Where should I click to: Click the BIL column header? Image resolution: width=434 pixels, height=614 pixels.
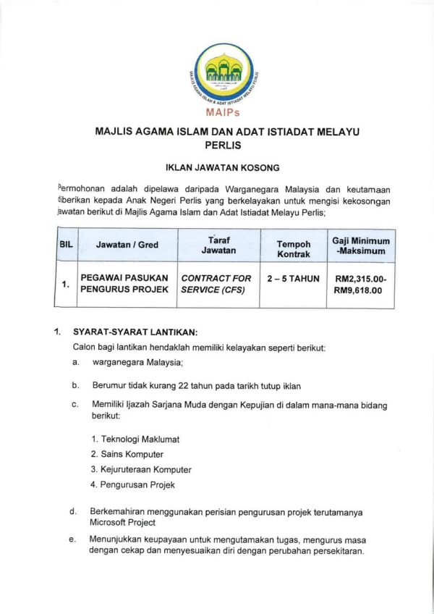(x=65, y=245)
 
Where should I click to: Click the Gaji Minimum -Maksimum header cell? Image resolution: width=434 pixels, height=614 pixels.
(x=360, y=245)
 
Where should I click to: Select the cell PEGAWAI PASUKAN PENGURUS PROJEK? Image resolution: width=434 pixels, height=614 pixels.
(x=124, y=284)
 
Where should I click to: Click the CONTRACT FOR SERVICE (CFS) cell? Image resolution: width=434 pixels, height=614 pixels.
(x=216, y=284)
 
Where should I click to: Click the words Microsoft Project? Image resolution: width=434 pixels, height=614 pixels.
(x=122, y=521)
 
